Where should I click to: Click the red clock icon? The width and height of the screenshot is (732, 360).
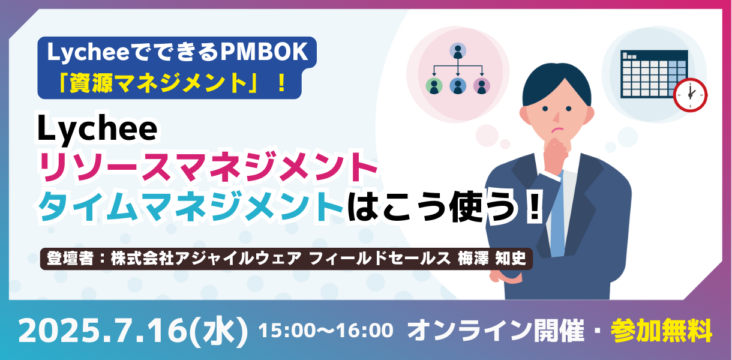[x=690, y=95]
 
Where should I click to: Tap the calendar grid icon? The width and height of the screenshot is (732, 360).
[x=654, y=74]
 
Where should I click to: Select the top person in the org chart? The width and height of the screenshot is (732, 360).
[x=458, y=50]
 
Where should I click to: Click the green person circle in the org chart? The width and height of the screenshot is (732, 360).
[x=434, y=86]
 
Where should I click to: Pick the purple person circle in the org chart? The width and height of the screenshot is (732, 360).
[x=482, y=86]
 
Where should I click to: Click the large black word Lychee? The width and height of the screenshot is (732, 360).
[x=97, y=128]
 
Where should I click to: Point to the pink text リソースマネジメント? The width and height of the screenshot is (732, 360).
[x=208, y=167]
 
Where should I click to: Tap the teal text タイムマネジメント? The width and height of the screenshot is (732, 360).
[x=191, y=206]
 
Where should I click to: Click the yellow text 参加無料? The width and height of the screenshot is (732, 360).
[x=661, y=330]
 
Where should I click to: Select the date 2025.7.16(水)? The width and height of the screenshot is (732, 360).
[x=133, y=331]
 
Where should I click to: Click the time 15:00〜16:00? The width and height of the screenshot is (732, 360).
[x=326, y=330]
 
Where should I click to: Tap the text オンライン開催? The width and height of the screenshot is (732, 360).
[x=496, y=331]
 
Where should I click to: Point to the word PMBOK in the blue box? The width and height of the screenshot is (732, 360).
[x=264, y=52]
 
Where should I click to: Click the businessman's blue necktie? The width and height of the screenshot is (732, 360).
[x=557, y=215]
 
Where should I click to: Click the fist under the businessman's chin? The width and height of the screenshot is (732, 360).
[x=556, y=151]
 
